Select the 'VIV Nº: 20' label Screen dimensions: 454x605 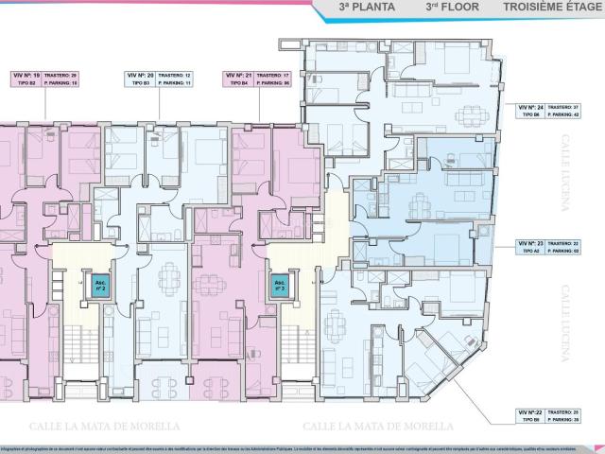(x=139, y=74)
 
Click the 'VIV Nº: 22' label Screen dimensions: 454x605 (x=529, y=413)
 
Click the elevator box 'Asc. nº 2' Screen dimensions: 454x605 (x=100, y=285)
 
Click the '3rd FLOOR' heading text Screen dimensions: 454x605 (x=452, y=7)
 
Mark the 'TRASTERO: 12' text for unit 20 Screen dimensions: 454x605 (x=175, y=74)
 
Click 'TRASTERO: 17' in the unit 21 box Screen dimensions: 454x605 (x=272, y=74)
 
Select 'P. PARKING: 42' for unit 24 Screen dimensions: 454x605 (x=562, y=115)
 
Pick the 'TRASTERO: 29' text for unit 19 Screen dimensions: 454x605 (x=60, y=74)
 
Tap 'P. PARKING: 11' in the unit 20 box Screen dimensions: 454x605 (x=175, y=83)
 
